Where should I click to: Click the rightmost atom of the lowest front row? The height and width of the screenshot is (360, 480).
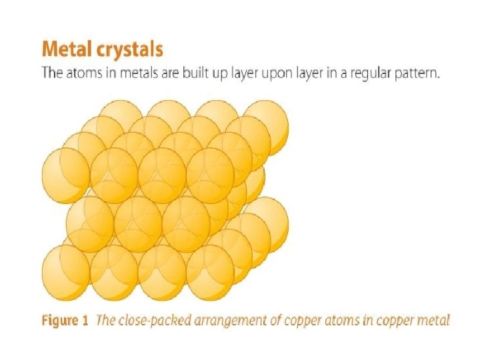tap(210, 273)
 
